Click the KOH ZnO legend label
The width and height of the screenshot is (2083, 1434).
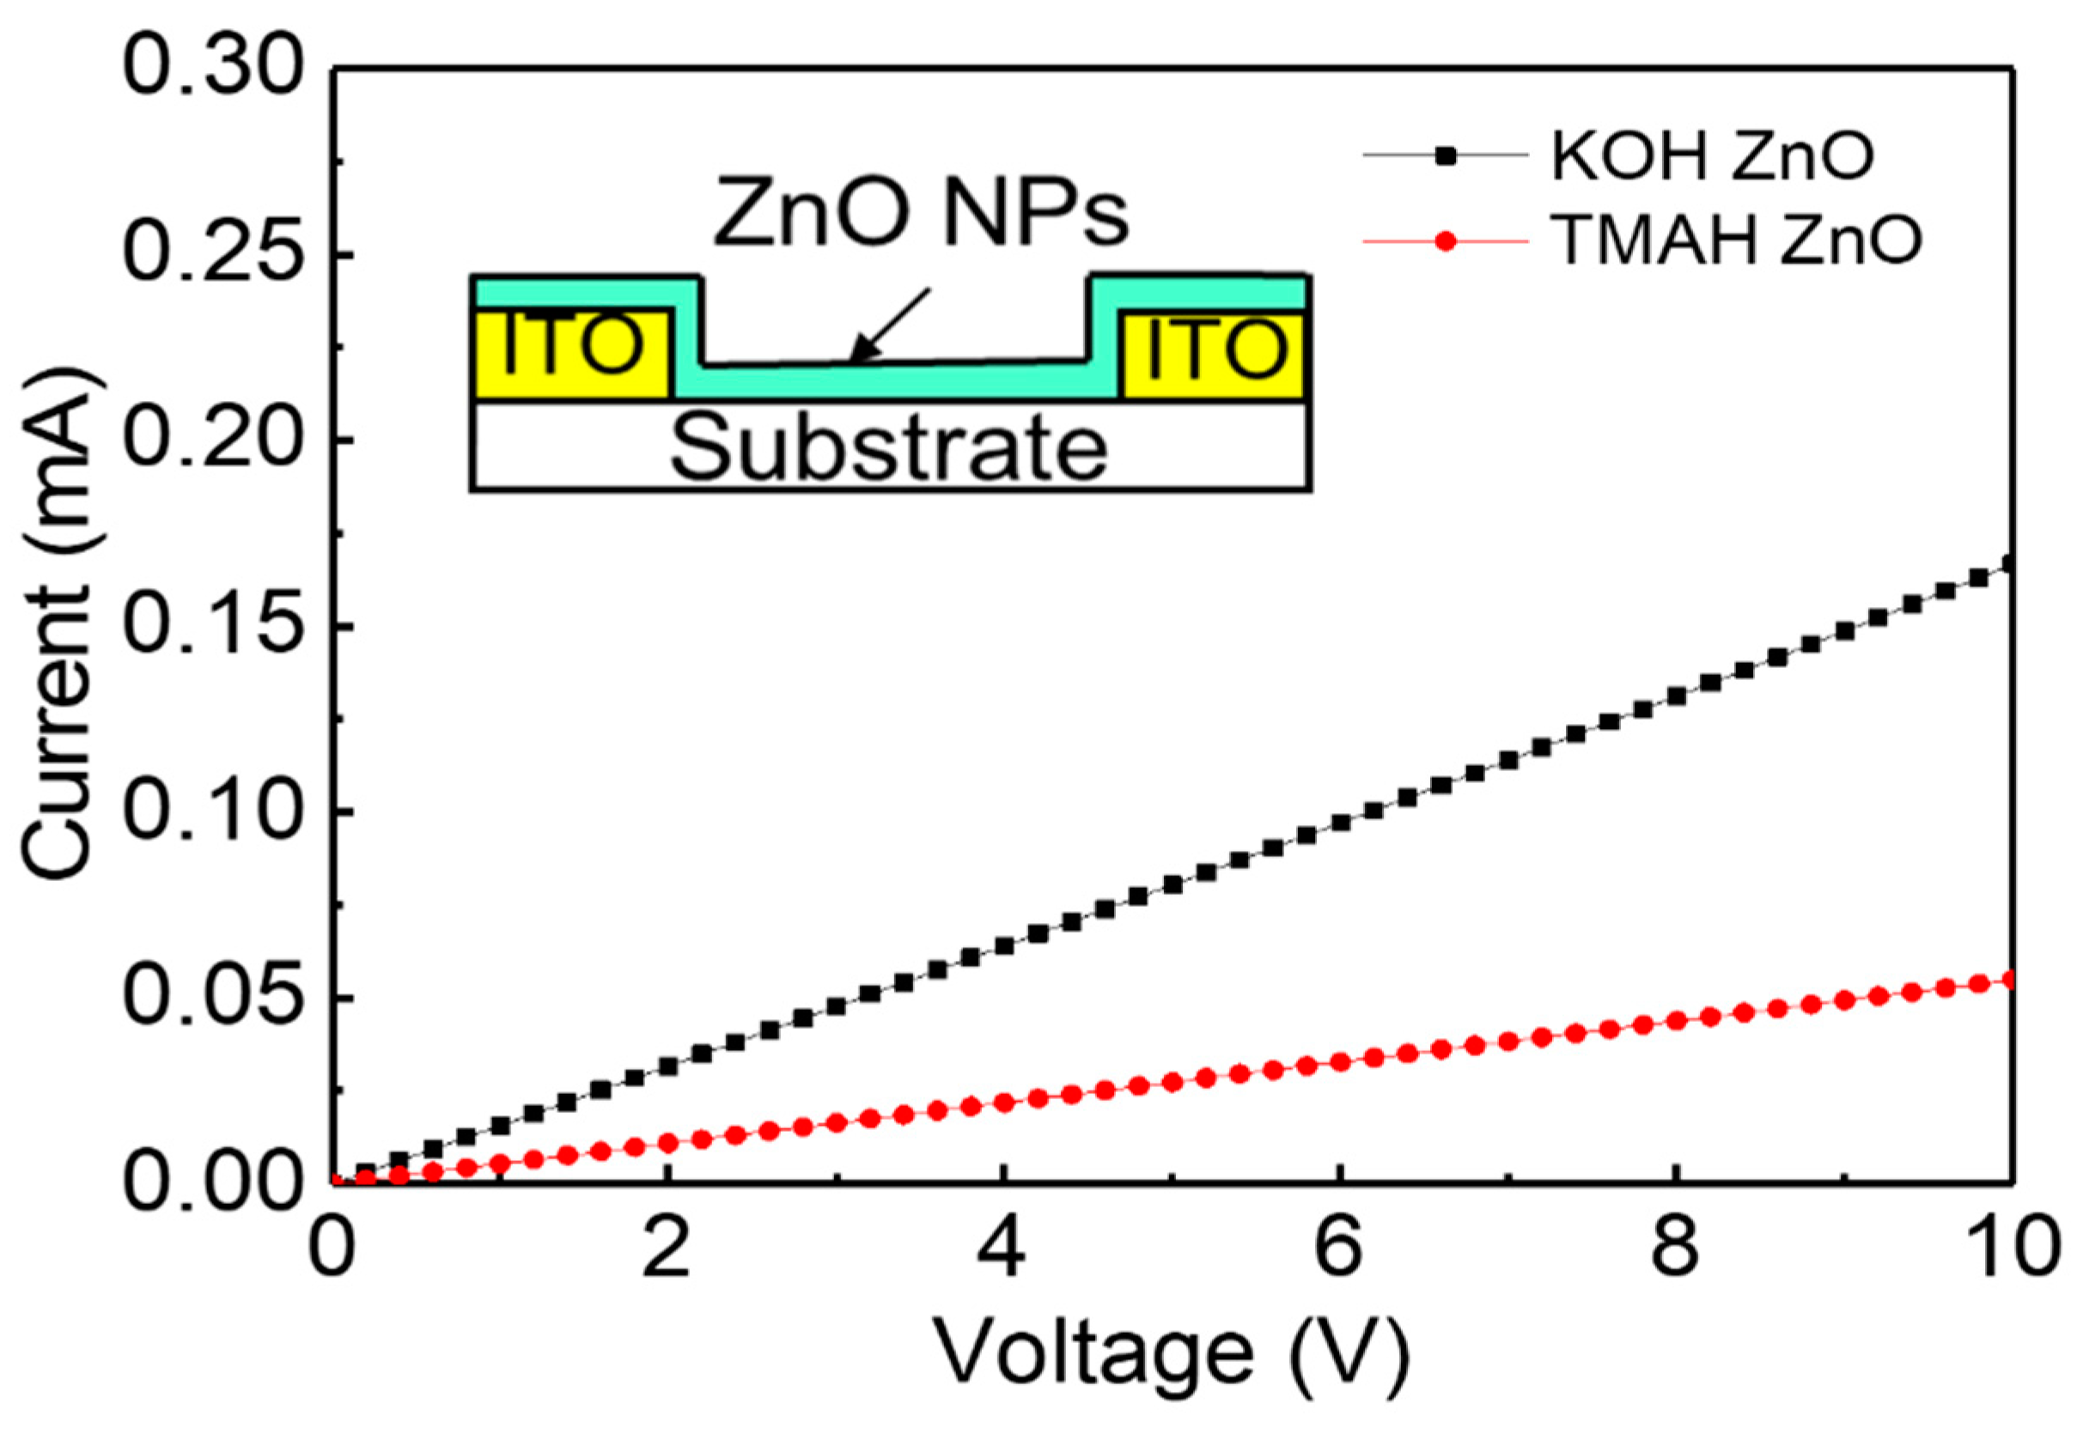coord(1712,158)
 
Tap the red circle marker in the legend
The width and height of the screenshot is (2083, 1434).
coord(1445,240)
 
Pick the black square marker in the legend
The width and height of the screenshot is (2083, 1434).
coord(1445,156)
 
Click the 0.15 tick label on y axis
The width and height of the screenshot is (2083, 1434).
coord(212,626)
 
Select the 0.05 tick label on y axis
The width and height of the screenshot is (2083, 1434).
coord(212,999)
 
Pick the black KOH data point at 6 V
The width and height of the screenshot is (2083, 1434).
coord(1341,823)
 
